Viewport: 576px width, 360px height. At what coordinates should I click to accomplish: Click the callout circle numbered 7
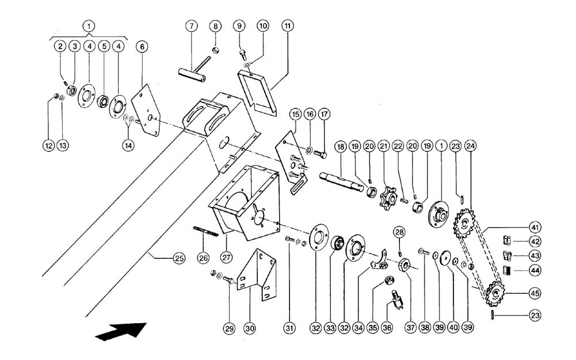point(192,26)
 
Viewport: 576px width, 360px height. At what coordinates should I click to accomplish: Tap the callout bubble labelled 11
point(287,26)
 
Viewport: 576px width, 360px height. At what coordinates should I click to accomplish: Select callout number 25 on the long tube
point(179,258)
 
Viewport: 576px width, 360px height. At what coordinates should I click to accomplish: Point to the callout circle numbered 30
point(249,328)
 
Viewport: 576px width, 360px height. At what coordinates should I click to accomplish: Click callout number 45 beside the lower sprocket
point(535,293)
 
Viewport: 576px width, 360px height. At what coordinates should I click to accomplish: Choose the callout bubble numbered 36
point(387,328)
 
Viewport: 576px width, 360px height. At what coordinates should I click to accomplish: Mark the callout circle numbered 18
point(341,147)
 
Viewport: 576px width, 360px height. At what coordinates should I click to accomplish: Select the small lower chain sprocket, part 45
point(495,293)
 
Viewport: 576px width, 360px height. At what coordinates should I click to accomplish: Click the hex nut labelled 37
point(405,264)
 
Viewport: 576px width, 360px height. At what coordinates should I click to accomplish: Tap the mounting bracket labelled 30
point(257,275)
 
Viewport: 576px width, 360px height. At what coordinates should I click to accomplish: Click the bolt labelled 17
point(320,154)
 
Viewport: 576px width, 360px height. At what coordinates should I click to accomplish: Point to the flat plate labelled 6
point(146,110)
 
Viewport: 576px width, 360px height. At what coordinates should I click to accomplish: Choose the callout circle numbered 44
point(535,271)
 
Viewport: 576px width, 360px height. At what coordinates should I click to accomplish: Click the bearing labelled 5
point(102,101)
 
